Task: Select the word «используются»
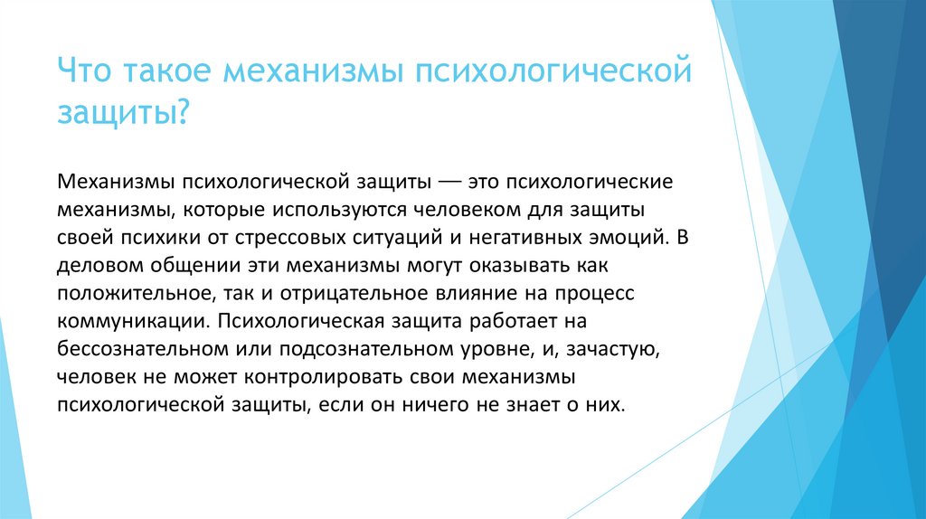pos(331,210)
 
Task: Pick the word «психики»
pos(148,239)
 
